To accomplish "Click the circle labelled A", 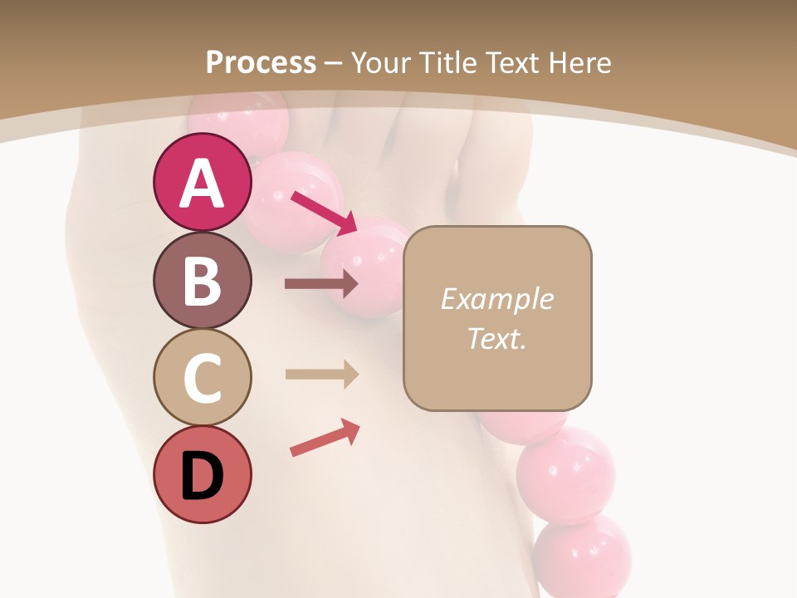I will click(x=202, y=183).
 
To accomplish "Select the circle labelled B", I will click(x=202, y=280).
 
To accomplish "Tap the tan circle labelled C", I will click(x=202, y=377).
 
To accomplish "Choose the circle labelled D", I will click(x=202, y=474).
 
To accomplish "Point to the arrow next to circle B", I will click(x=321, y=284).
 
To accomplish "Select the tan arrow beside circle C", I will click(x=321, y=374).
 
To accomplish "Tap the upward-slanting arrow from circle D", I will click(x=325, y=437).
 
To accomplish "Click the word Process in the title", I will click(x=261, y=62).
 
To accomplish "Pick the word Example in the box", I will click(x=496, y=299).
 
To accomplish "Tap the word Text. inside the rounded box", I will click(x=496, y=338).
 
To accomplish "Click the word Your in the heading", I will click(x=384, y=62).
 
